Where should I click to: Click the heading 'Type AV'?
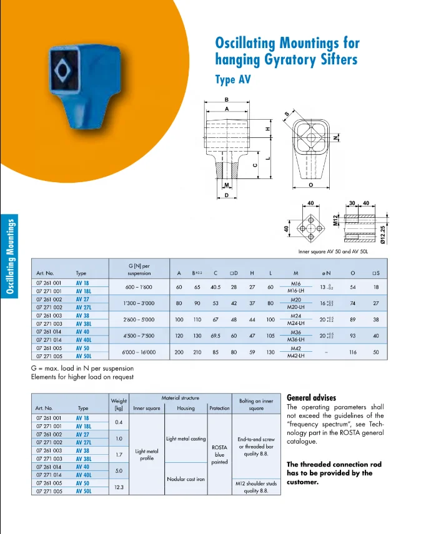tap(234, 80)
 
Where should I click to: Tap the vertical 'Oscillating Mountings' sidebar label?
tap(9, 256)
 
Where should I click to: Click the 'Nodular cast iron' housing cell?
tap(186, 478)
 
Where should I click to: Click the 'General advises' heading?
tap(311, 397)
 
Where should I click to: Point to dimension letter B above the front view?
tap(227, 100)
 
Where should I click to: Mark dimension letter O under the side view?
tap(310, 185)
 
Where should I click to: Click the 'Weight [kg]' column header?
tap(119, 404)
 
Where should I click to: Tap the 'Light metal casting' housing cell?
tap(186, 439)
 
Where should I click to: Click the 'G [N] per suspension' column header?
tap(139, 269)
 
